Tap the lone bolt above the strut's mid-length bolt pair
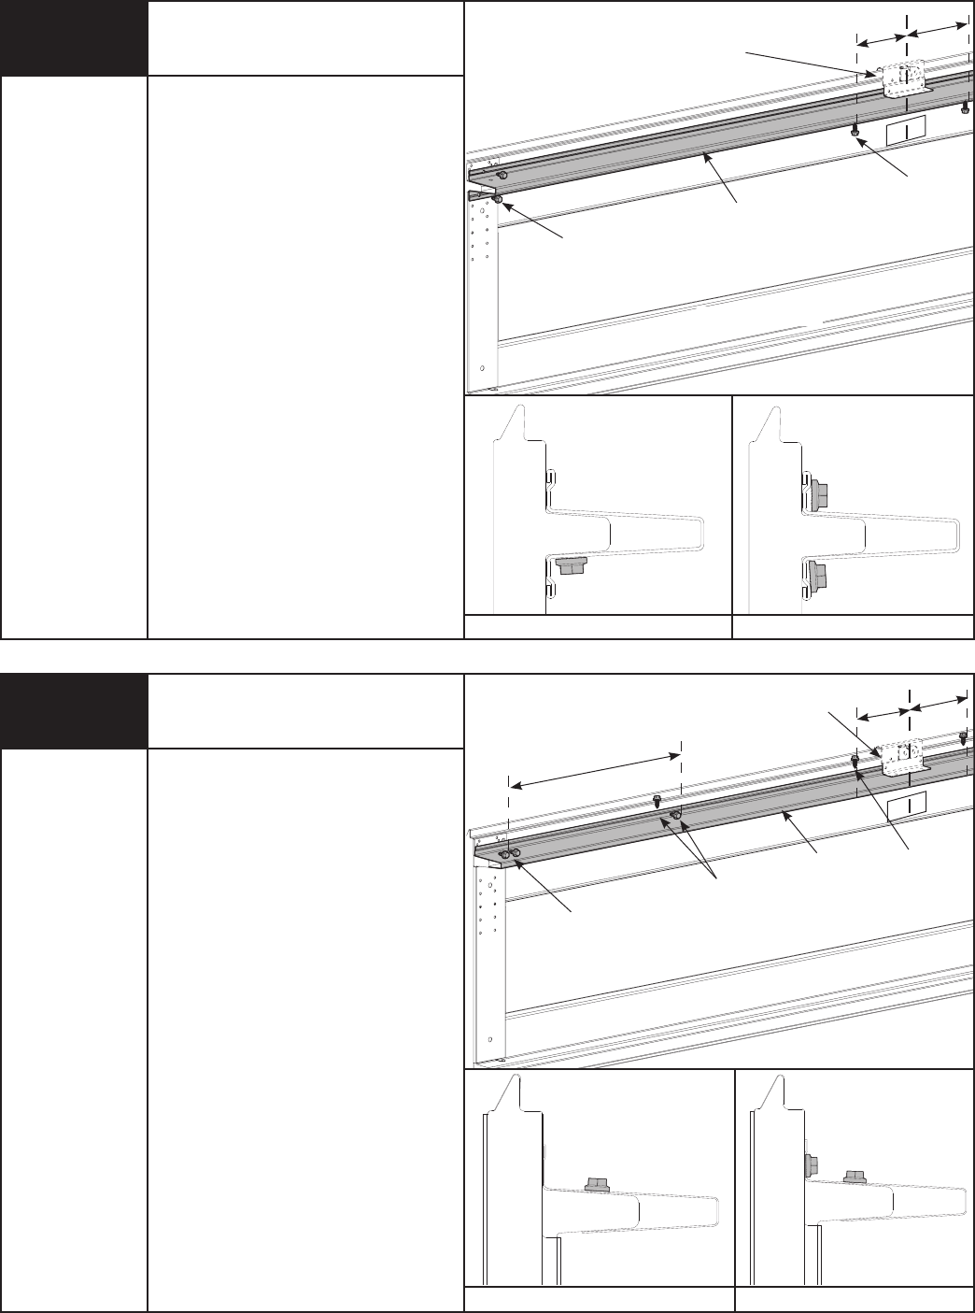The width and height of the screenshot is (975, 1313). click(x=658, y=800)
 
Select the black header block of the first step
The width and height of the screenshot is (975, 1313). click(x=74, y=38)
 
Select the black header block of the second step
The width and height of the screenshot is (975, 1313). click(x=74, y=711)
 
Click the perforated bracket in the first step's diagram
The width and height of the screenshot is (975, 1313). click(x=903, y=79)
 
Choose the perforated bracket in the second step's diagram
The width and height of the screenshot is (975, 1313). click(x=903, y=757)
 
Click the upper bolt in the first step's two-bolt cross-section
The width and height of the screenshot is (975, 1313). click(x=819, y=492)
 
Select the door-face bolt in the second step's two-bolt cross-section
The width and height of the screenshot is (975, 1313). click(x=810, y=1165)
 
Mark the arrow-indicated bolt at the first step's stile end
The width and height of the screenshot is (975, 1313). click(x=499, y=199)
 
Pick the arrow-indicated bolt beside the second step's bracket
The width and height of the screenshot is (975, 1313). click(x=855, y=762)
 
